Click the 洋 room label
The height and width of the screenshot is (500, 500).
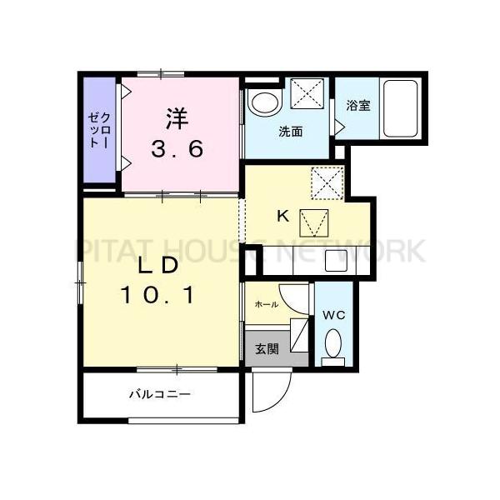176,117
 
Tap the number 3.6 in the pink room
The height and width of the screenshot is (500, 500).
177,151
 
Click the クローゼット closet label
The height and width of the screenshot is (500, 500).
98,130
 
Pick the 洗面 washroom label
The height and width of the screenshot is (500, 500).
290,131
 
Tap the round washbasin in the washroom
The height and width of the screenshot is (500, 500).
266,103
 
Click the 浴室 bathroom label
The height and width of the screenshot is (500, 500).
358,106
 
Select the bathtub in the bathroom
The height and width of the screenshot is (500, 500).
402,109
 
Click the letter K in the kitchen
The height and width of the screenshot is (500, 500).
282,216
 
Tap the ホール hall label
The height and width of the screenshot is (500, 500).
267,305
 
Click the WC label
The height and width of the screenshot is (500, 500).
332,315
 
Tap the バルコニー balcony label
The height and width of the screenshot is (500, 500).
159,394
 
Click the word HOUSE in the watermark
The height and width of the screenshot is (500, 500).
238,249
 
